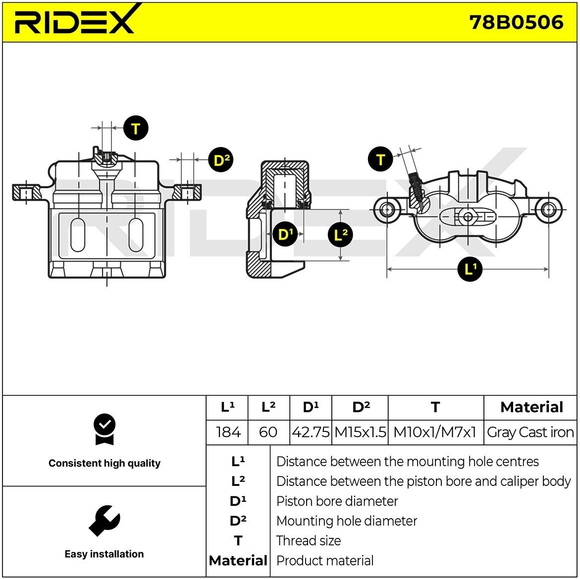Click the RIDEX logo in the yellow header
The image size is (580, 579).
[74, 21]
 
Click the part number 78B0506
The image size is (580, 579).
[516, 22]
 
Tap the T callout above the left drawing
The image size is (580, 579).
[135, 128]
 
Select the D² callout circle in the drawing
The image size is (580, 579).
[220, 159]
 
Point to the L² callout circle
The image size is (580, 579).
[340, 234]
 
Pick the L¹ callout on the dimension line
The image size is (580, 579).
[470, 269]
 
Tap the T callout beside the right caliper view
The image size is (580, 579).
[380, 159]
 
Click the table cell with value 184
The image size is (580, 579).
[228, 432]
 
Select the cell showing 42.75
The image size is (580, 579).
[311, 432]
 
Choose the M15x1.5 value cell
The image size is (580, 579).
[360, 432]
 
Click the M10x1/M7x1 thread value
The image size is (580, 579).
[435, 432]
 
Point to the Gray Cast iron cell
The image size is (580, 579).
[530, 432]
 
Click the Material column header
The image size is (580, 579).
[531, 407]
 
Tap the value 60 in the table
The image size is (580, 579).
[268, 432]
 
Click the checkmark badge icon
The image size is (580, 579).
[104, 429]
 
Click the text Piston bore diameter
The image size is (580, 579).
[337, 501]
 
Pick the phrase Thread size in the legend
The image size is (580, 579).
[309, 540]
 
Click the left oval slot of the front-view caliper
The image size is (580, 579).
[78, 234]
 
